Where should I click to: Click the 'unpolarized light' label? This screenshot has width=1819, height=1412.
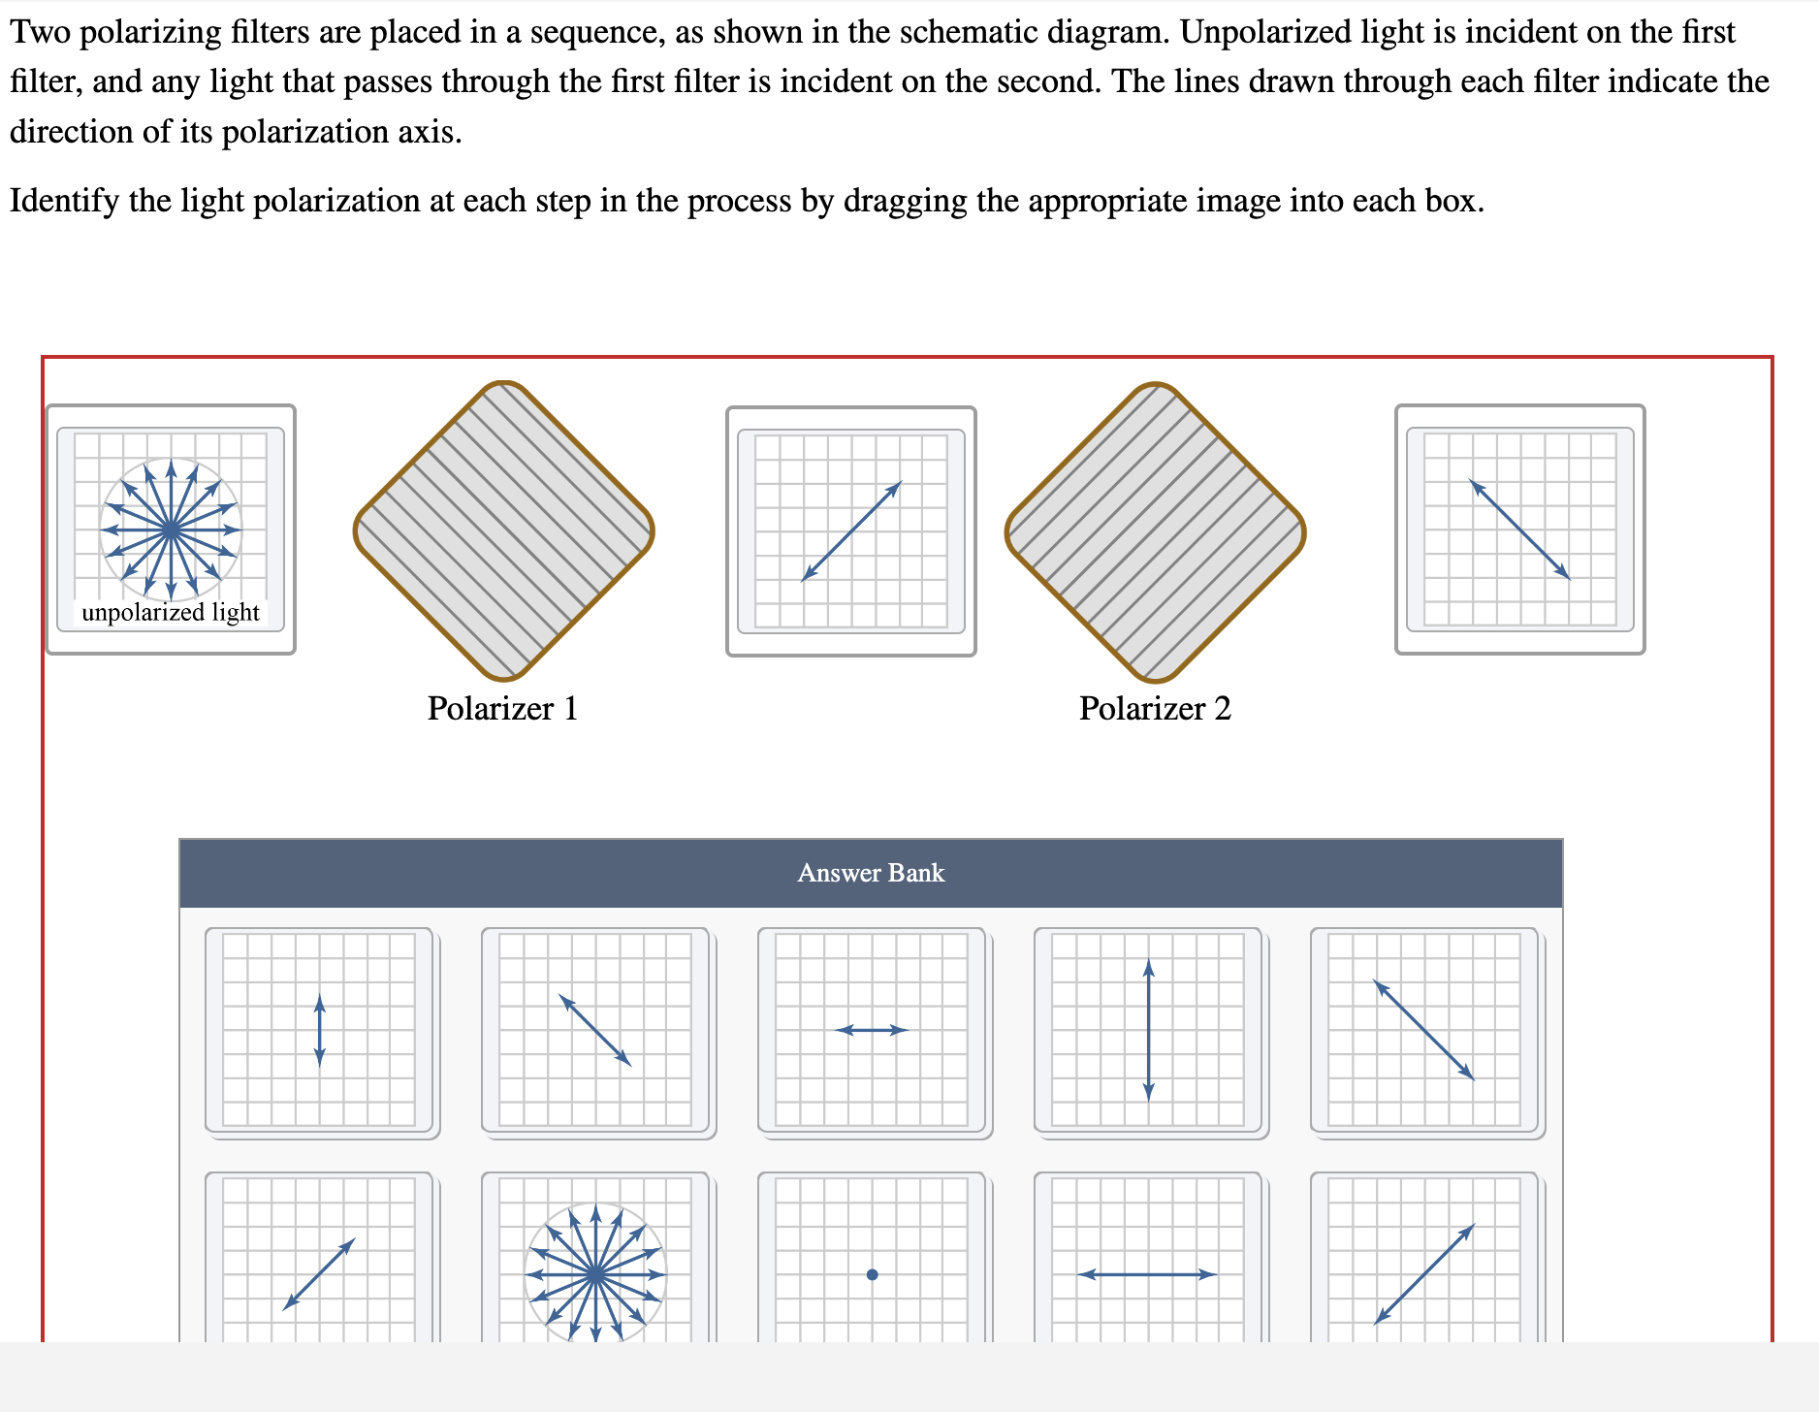pos(171,612)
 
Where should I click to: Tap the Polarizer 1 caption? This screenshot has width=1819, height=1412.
pos(502,708)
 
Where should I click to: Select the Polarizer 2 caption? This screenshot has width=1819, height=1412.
pos(1155,708)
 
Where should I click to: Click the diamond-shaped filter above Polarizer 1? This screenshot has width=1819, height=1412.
pos(504,530)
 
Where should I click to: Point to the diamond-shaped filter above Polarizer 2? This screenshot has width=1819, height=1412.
pos(1156,532)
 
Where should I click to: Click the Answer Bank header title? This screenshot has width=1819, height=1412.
pos(871,873)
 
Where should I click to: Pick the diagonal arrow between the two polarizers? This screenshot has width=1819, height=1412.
pos(851,531)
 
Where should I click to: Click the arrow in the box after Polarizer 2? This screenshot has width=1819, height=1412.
pos(1520,529)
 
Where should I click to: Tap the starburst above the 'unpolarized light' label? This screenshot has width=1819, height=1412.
pos(171,529)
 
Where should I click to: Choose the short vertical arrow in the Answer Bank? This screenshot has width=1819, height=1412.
pos(320,1030)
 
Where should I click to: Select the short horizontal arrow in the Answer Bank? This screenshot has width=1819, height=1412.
pos(872,1030)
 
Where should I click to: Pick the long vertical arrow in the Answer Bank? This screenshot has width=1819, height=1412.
pos(1148,1030)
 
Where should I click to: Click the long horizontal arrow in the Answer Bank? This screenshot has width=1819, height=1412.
pos(1147,1274)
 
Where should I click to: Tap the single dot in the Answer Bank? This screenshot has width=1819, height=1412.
pos(872,1274)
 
